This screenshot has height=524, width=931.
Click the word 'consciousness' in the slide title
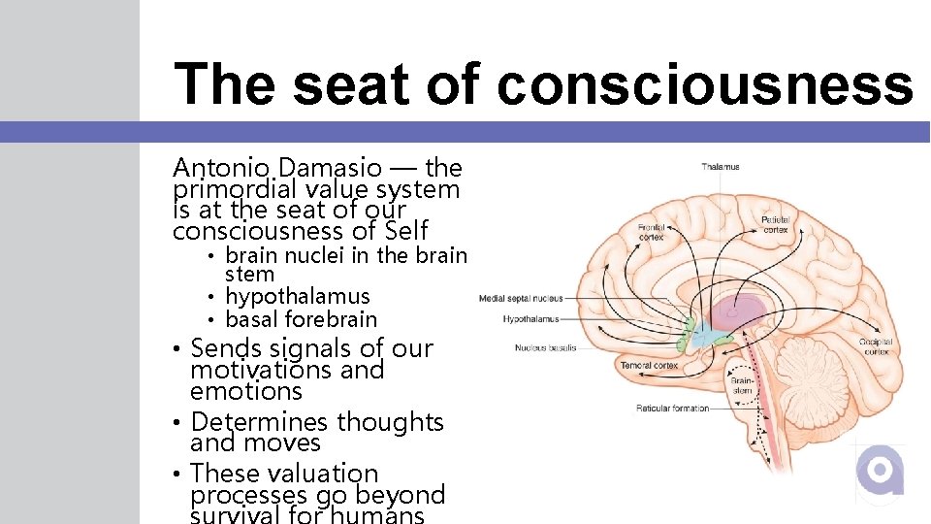coord(705,83)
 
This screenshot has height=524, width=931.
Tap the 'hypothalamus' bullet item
coord(297,297)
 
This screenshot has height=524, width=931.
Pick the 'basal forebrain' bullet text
coord(301,319)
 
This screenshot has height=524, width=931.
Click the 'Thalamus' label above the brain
coord(720,167)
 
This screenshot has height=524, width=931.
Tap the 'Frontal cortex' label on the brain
coord(651,232)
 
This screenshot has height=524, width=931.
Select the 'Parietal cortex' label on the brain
coord(775,224)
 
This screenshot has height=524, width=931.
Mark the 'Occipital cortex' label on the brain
coord(877,347)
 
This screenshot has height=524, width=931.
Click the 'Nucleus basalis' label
coord(545,346)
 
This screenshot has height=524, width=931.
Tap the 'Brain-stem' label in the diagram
coord(741,386)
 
